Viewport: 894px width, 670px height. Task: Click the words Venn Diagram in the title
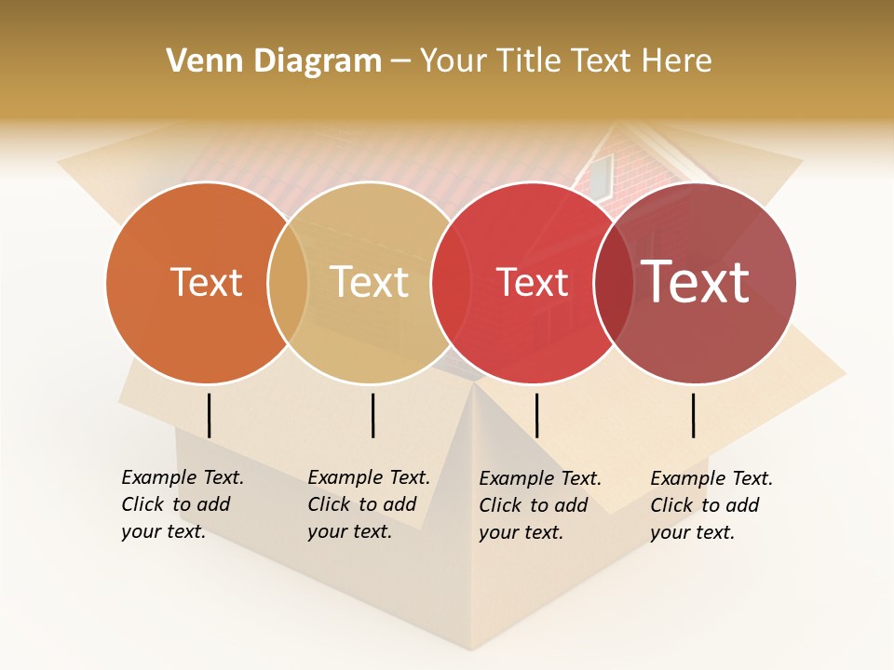(274, 61)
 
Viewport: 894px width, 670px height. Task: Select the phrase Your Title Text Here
(565, 61)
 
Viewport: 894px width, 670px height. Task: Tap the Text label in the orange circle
(206, 282)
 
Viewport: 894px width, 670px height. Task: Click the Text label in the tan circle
(369, 282)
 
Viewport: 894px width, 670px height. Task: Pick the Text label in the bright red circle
(532, 283)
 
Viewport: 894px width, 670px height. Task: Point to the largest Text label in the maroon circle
(696, 281)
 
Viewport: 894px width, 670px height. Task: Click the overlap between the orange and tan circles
(288, 283)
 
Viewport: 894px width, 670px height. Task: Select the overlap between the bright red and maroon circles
(614, 283)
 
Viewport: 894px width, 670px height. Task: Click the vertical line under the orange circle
(210, 415)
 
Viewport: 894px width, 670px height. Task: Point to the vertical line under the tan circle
(372, 415)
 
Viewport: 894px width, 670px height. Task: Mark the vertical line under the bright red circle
(536, 415)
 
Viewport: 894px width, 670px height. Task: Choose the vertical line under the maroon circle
(694, 415)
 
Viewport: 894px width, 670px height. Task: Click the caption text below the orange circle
(182, 504)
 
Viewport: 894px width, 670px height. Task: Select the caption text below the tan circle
(368, 504)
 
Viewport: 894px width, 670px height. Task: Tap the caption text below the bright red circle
(539, 505)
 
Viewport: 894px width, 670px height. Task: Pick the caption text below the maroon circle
(711, 505)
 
